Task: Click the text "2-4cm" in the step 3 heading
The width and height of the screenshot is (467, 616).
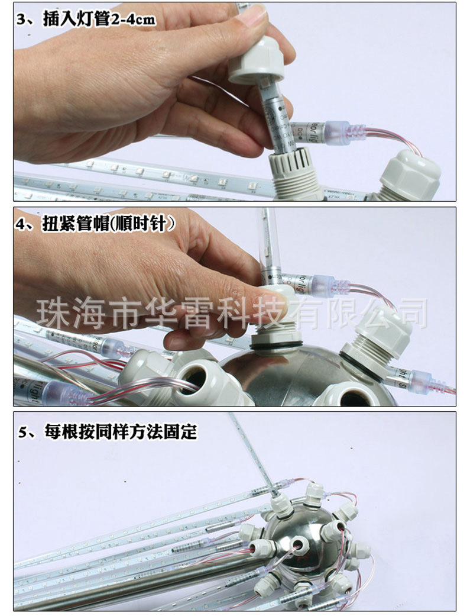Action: click(x=134, y=20)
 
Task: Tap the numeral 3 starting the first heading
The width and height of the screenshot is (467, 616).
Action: click(x=22, y=20)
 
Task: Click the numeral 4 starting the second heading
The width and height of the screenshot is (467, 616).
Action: click(x=22, y=224)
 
